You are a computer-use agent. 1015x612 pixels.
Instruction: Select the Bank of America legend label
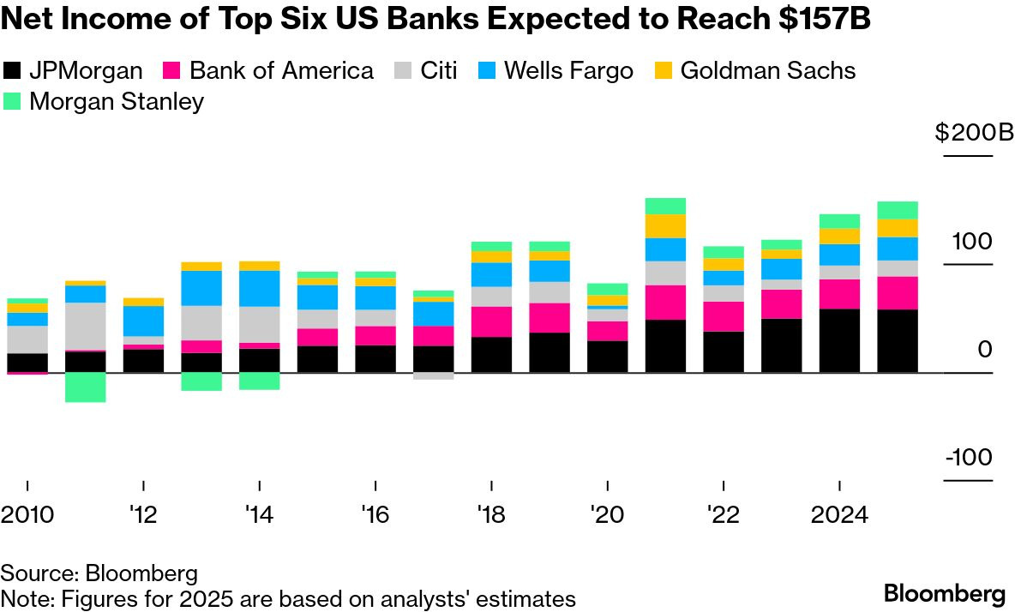[x=281, y=70]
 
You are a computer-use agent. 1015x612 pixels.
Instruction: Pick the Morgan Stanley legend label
[x=117, y=101]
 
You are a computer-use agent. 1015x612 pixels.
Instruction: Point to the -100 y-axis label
[x=969, y=457]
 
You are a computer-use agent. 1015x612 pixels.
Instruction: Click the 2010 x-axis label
[x=27, y=516]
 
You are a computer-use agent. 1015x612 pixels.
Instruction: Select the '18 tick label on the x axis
[x=492, y=516]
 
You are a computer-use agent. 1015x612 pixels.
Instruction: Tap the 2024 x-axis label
[x=839, y=516]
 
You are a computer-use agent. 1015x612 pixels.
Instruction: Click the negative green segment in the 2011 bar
[x=86, y=387]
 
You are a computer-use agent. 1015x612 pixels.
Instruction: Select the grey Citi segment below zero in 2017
[x=434, y=376]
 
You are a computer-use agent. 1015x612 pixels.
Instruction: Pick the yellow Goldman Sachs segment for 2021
[x=666, y=225]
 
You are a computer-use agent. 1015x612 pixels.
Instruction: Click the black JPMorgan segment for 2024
[x=840, y=340]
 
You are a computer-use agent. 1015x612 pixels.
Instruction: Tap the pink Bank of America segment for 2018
[x=492, y=321]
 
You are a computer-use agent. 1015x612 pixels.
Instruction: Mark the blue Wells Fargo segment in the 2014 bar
[x=260, y=288]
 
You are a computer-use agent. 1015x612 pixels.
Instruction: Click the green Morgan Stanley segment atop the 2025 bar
[x=898, y=210]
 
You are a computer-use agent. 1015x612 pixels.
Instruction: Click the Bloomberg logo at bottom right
[x=945, y=593]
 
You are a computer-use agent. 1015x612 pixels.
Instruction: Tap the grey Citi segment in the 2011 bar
[x=86, y=326]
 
